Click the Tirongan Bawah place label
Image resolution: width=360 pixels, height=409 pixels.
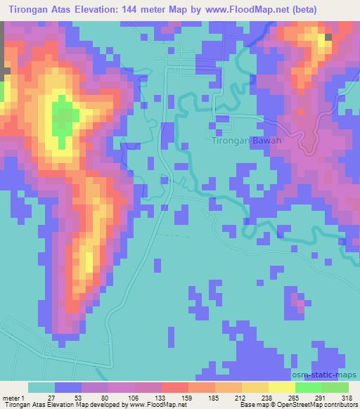point(247,141)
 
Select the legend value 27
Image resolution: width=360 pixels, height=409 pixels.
point(50,398)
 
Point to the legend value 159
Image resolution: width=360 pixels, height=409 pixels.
point(184,398)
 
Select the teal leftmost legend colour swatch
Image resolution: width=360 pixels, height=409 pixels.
point(41,387)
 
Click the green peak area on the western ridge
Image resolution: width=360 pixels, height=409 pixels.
point(61,119)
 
